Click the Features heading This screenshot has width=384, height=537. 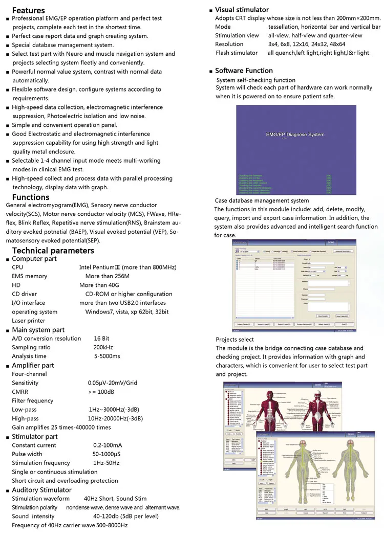click(x=28, y=10)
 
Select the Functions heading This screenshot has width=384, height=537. click(x=31, y=197)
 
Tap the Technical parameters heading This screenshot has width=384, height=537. click(x=53, y=250)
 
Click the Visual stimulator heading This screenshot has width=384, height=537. click(x=242, y=10)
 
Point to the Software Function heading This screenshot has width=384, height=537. click(x=244, y=71)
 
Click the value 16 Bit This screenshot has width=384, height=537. click(x=101, y=339)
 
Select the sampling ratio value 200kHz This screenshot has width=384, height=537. click(x=103, y=347)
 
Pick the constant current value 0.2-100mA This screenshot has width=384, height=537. click(x=108, y=445)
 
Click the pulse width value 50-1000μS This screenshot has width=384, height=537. click(x=106, y=454)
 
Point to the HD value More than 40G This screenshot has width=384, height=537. click(x=99, y=285)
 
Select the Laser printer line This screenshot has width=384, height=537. click(x=29, y=321)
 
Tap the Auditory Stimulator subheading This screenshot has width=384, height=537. click(x=41, y=490)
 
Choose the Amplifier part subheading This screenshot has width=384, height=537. click(x=33, y=365)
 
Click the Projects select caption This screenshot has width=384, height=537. click(x=234, y=339)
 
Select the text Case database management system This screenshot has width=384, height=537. click(x=262, y=200)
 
